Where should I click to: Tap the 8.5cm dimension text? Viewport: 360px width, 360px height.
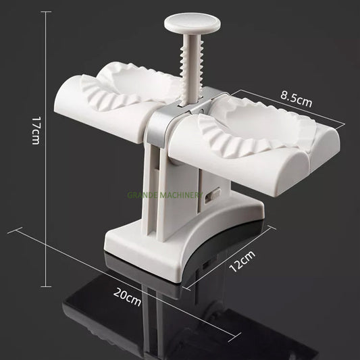pyautogui.click(x=297, y=100)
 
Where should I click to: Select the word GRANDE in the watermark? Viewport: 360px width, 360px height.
pyautogui.click(x=145, y=195)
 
